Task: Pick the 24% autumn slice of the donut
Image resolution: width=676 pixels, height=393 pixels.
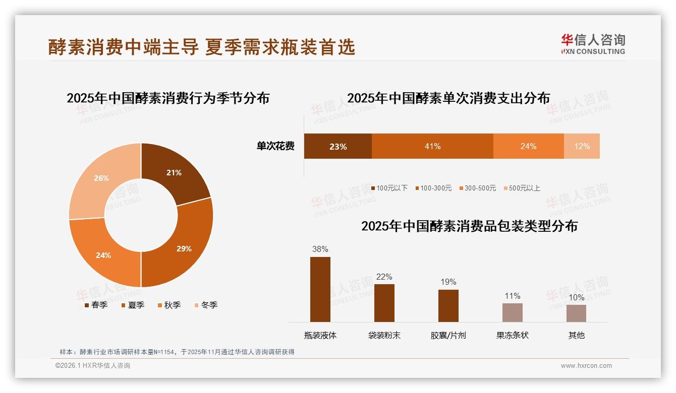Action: [101, 252]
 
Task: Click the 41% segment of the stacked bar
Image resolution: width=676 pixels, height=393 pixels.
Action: [432, 146]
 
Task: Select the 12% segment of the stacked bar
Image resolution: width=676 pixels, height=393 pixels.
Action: [582, 146]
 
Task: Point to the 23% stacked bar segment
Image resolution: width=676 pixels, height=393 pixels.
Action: [337, 146]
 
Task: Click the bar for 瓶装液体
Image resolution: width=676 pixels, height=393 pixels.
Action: [320, 289]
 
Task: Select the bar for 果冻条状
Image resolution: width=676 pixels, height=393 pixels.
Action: [512, 312]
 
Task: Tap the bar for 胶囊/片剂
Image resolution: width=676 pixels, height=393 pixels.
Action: [448, 305]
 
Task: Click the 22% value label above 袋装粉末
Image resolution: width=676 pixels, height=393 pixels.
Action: [384, 277]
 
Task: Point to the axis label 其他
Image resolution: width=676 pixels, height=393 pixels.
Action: [576, 335]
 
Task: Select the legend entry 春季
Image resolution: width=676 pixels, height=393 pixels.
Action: [96, 305]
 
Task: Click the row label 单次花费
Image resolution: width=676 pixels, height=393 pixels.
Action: [275, 146]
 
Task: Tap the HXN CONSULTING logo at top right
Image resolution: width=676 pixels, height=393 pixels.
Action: [593, 44]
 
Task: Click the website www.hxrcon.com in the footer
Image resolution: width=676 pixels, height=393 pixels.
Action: [586, 366]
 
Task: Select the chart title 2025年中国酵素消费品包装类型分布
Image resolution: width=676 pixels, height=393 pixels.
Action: [469, 226]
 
